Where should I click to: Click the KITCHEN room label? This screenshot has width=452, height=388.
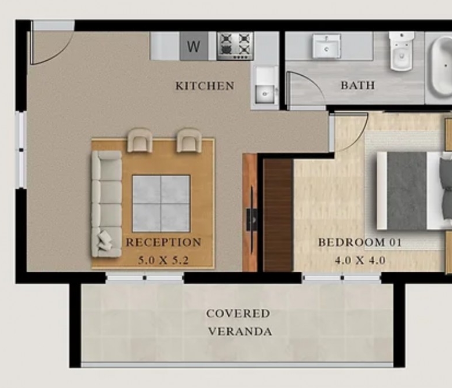pyautogui.click(x=205, y=86)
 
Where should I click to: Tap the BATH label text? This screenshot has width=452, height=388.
pyautogui.click(x=358, y=85)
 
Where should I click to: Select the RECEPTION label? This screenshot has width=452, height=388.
pyautogui.click(x=163, y=242)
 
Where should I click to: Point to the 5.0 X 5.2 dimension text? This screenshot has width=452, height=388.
pyautogui.click(x=163, y=261)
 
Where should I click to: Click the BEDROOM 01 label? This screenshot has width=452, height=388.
pyautogui.click(x=360, y=242)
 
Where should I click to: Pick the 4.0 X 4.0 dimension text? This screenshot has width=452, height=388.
pyautogui.click(x=360, y=261)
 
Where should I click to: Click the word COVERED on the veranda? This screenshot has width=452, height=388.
pyautogui.click(x=238, y=313)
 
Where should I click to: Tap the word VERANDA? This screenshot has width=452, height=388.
pyautogui.click(x=240, y=332)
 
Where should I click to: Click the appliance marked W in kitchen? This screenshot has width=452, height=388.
pyautogui.click(x=194, y=46)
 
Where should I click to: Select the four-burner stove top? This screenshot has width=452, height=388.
pyautogui.click(x=235, y=46)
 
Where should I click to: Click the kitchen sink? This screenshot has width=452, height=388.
pyautogui.click(x=265, y=85)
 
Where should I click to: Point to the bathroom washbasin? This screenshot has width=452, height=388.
pyautogui.click(x=327, y=46)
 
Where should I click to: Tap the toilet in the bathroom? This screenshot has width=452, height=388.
pyautogui.click(x=401, y=51)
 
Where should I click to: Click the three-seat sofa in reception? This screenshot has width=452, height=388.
pyautogui.click(x=107, y=204)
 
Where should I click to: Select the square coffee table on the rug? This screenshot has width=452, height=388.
pyautogui.click(x=161, y=203)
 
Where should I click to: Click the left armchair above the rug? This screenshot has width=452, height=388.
pyautogui.click(x=140, y=140)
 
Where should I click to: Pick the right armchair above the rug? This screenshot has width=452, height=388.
pyautogui.click(x=189, y=140)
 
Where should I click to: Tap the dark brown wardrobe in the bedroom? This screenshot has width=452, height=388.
pyautogui.click(x=279, y=215)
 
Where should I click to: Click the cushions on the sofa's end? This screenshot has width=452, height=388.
pyautogui.click(x=104, y=240)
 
